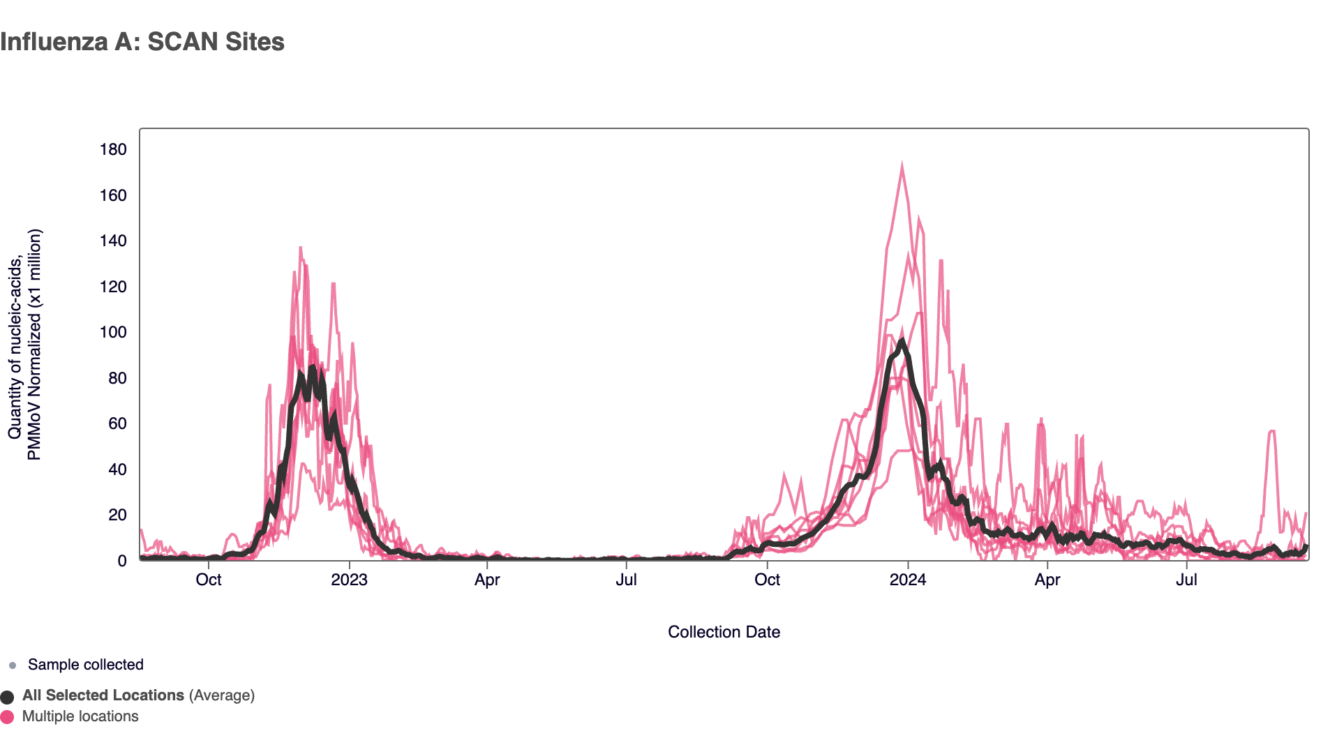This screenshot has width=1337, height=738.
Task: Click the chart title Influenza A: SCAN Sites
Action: (x=142, y=42)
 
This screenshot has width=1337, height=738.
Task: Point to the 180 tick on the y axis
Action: (x=113, y=149)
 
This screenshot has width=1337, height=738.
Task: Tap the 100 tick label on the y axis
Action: (x=113, y=332)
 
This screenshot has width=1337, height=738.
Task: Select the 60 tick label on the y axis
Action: (x=117, y=423)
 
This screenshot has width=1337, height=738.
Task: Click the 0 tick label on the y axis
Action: (x=122, y=561)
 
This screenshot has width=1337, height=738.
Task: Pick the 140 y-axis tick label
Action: (x=113, y=241)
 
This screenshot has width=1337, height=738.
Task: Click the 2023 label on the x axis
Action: (x=349, y=580)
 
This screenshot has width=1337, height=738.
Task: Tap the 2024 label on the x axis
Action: (x=908, y=580)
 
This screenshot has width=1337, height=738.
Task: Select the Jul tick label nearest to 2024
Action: (x=1186, y=580)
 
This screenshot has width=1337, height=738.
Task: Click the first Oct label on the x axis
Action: (x=209, y=580)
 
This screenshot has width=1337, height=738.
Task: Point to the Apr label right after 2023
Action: (x=487, y=580)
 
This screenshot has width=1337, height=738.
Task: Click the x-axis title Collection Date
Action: (x=724, y=632)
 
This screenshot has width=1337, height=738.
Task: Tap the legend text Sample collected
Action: (x=85, y=665)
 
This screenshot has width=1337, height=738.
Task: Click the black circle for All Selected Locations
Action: (x=8, y=697)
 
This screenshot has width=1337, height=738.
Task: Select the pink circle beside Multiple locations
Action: (x=8, y=717)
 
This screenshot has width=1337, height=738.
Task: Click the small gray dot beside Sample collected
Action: (x=13, y=665)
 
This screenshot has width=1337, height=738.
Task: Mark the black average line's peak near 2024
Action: (x=902, y=342)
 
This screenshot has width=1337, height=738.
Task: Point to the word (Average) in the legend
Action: (x=221, y=695)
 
